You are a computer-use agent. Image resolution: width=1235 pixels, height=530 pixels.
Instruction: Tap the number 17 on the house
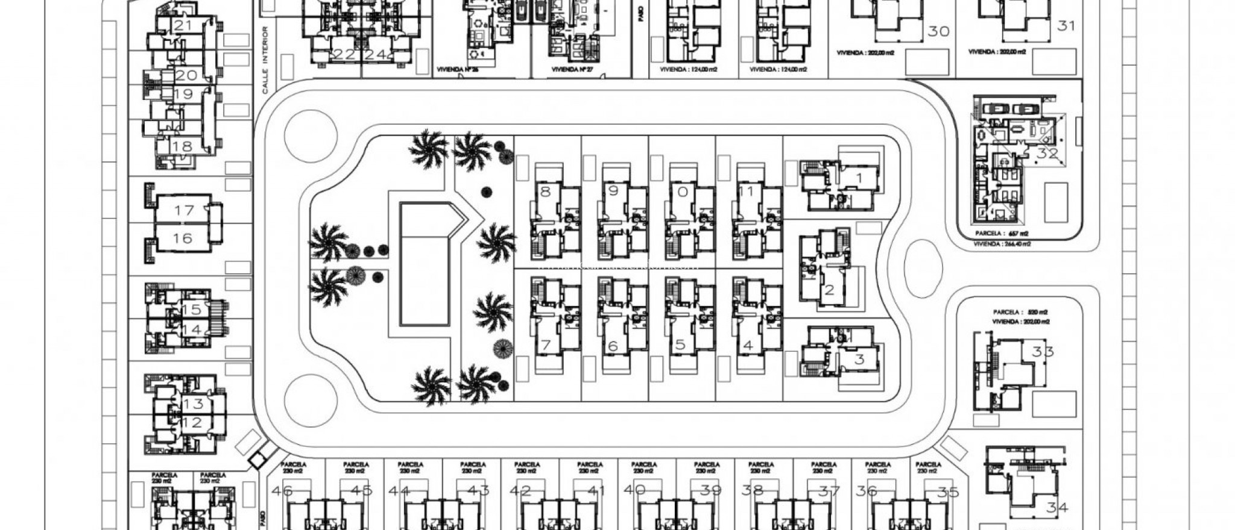[x=184, y=210]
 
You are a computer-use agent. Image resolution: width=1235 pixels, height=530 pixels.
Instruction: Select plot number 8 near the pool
[x=546, y=192]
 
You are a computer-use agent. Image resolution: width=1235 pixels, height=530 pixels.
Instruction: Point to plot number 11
[x=747, y=192]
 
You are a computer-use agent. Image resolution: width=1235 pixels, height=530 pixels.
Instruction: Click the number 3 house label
[x=859, y=360]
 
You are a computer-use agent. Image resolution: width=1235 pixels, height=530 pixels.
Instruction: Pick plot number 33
[x=1043, y=351]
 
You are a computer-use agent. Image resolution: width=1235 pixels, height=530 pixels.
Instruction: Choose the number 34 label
[x=1057, y=508]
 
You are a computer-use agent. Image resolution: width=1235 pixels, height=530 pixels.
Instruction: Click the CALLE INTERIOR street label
[x=265, y=59]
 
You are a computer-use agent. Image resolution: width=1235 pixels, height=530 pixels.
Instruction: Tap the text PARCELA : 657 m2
[x=1002, y=233]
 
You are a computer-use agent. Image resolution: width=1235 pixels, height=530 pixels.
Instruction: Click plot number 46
[x=282, y=490]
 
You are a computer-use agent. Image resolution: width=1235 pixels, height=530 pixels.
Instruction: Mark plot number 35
[x=948, y=492]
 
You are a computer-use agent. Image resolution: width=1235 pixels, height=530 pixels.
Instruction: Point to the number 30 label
[x=938, y=31]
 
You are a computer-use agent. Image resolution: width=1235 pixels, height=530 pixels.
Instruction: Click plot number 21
[x=182, y=25]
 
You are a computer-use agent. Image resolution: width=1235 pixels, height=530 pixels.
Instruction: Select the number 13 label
[x=193, y=404]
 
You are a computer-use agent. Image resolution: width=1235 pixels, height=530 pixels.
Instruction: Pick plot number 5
[x=680, y=345]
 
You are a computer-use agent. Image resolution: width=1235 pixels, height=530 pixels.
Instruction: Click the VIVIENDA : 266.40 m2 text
[x=1002, y=244]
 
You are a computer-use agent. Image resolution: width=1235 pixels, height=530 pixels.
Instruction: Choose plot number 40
[x=634, y=490]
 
